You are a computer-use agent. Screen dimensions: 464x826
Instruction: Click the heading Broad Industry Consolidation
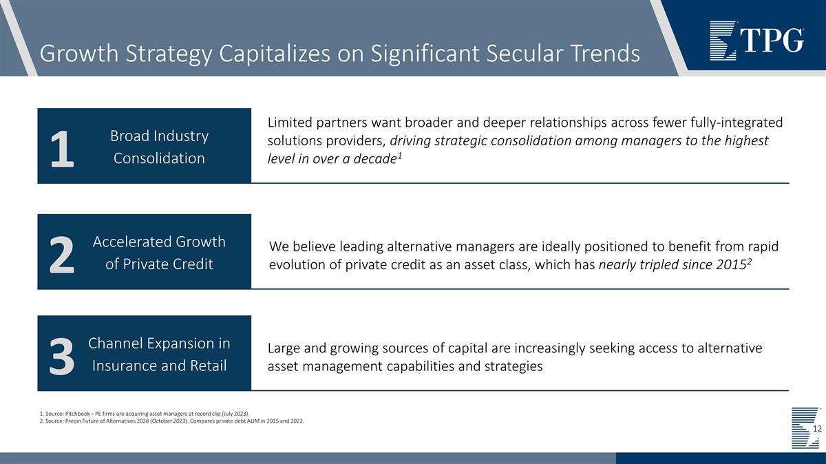pyautogui.click(x=159, y=147)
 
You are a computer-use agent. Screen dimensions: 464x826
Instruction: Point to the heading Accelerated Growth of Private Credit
pyautogui.click(x=159, y=253)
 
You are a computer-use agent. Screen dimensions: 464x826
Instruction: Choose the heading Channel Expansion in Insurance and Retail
pyautogui.click(x=159, y=354)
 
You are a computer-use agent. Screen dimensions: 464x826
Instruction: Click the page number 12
pyautogui.click(x=817, y=429)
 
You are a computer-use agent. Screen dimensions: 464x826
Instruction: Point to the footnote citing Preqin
pyautogui.click(x=172, y=421)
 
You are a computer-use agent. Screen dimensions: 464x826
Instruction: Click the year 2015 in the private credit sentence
pyautogui.click(x=730, y=265)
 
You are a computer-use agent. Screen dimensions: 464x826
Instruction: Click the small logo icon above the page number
pyautogui.click(x=805, y=416)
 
